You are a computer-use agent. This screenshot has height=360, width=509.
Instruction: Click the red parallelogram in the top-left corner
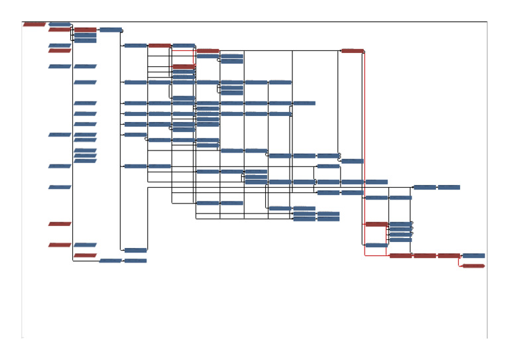pyautogui.click(x=34, y=25)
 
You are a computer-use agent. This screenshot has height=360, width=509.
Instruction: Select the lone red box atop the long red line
pyautogui.click(x=352, y=50)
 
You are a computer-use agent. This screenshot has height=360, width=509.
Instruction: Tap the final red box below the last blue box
pyautogui.click(x=473, y=266)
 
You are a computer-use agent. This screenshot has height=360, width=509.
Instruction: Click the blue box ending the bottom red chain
pyautogui.click(x=473, y=255)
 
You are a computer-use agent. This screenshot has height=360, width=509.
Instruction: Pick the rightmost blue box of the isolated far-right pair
pyautogui.click(x=449, y=187)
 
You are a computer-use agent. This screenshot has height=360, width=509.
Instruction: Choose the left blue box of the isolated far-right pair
pyautogui.click(x=424, y=187)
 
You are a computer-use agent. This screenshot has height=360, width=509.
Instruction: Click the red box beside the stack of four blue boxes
pyautogui.click(x=376, y=224)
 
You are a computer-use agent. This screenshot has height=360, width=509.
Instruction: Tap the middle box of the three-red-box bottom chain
pyautogui.click(x=424, y=255)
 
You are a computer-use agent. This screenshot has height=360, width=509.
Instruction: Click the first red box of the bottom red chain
pyautogui.click(x=400, y=255)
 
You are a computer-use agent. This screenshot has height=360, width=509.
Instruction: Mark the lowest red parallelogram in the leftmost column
pyautogui.click(x=60, y=245)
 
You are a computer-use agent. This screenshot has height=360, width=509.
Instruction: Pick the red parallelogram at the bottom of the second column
pyautogui.click(x=85, y=255)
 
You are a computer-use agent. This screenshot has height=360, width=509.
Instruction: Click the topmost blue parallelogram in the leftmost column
pyautogui.click(x=60, y=25)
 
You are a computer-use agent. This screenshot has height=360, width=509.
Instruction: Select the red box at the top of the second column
pyautogui.click(x=85, y=30)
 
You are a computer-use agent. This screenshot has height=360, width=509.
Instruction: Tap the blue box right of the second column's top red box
pyautogui.click(x=111, y=30)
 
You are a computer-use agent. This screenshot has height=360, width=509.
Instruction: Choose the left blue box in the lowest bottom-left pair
pyautogui.click(x=111, y=261)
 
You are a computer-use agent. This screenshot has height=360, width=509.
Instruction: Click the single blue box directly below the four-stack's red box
pyautogui.click(x=376, y=245)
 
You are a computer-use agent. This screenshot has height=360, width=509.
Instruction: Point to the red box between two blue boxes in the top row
pyautogui.click(x=159, y=45)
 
